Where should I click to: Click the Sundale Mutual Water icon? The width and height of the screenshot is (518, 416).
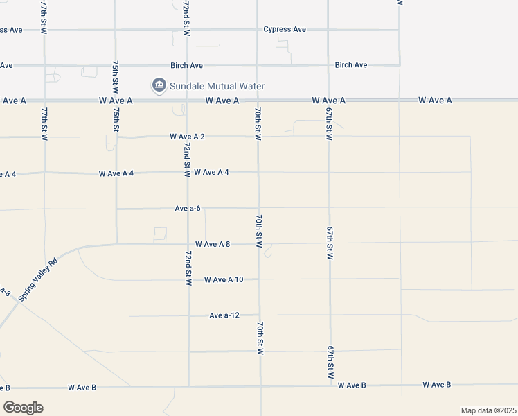pyautogui.click(x=159, y=86)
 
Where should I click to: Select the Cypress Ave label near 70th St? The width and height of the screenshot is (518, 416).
pyautogui.click(x=285, y=29)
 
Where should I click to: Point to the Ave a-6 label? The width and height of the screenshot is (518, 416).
pyautogui.click(x=188, y=208)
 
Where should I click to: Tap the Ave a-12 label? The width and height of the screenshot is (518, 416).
pyautogui.click(x=224, y=315)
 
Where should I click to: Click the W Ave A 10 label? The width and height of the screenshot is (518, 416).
pyautogui.click(x=224, y=280)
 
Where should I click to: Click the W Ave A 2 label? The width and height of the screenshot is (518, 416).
pyautogui.click(x=187, y=137)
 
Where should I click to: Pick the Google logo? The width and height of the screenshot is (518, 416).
pyautogui.click(x=23, y=407)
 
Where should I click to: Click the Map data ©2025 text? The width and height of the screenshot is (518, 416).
pyautogui.click(x=488, y=410)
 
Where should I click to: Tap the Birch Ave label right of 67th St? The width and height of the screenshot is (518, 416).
pyautogui.click(x=350, y=65)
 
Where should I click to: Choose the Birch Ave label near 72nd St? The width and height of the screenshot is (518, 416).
pyautogui.click(x=186, y=65)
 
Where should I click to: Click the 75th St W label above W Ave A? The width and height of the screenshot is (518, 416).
pyautogui.click(x=116, y=78)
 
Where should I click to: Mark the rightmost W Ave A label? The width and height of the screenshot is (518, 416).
pyautogui.click(x=435, y=101)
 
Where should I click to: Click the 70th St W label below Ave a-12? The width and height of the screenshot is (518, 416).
pyautogui.click(x=260, y=338)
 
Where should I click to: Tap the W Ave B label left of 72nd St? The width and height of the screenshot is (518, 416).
pyautogui.click(x=82, y=387)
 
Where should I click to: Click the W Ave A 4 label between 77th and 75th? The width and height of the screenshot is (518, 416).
pyautogui.click(x=116, y=173)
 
